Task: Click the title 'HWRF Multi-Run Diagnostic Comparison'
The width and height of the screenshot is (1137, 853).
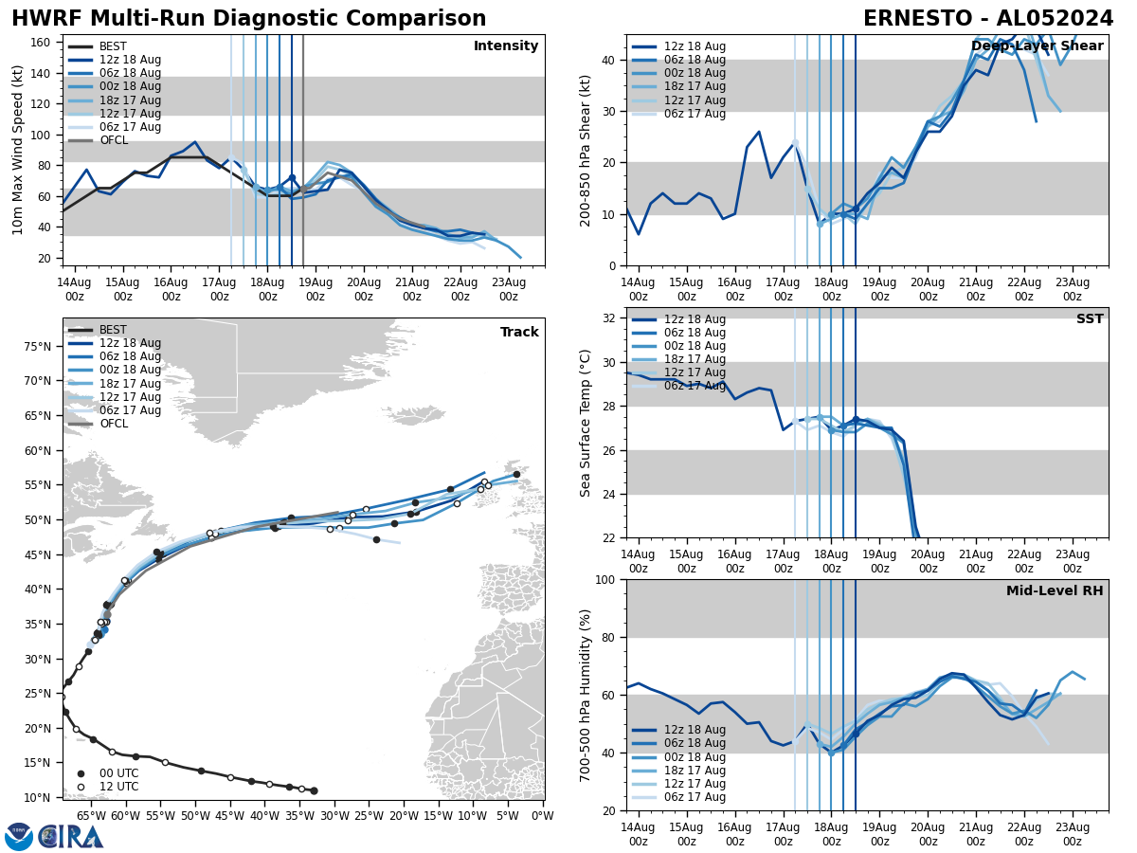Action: [x=248, y=19]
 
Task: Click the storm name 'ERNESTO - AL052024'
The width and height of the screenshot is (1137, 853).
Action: [x=988, y=19]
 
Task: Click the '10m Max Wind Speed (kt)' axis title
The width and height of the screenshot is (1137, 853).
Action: [x=18, y=150]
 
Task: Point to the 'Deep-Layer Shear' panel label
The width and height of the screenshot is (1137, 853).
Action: [x=1037, y=46]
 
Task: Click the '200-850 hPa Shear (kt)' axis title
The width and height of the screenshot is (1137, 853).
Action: [x=587, y=150]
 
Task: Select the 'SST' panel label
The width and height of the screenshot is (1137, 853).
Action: [x=1089, y=319]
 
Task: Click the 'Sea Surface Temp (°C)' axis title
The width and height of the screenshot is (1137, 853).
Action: [x=587, y=423]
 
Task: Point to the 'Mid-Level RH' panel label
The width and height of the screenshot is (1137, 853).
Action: [x=1054, y=591]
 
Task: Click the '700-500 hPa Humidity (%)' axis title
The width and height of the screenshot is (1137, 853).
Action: [x=587, y=695]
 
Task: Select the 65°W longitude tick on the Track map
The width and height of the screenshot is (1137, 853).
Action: [x=91, y=815]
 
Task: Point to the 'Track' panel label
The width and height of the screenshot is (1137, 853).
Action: [x=519, y=333]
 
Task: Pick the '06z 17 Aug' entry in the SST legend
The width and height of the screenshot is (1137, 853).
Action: [x=695, y=386]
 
